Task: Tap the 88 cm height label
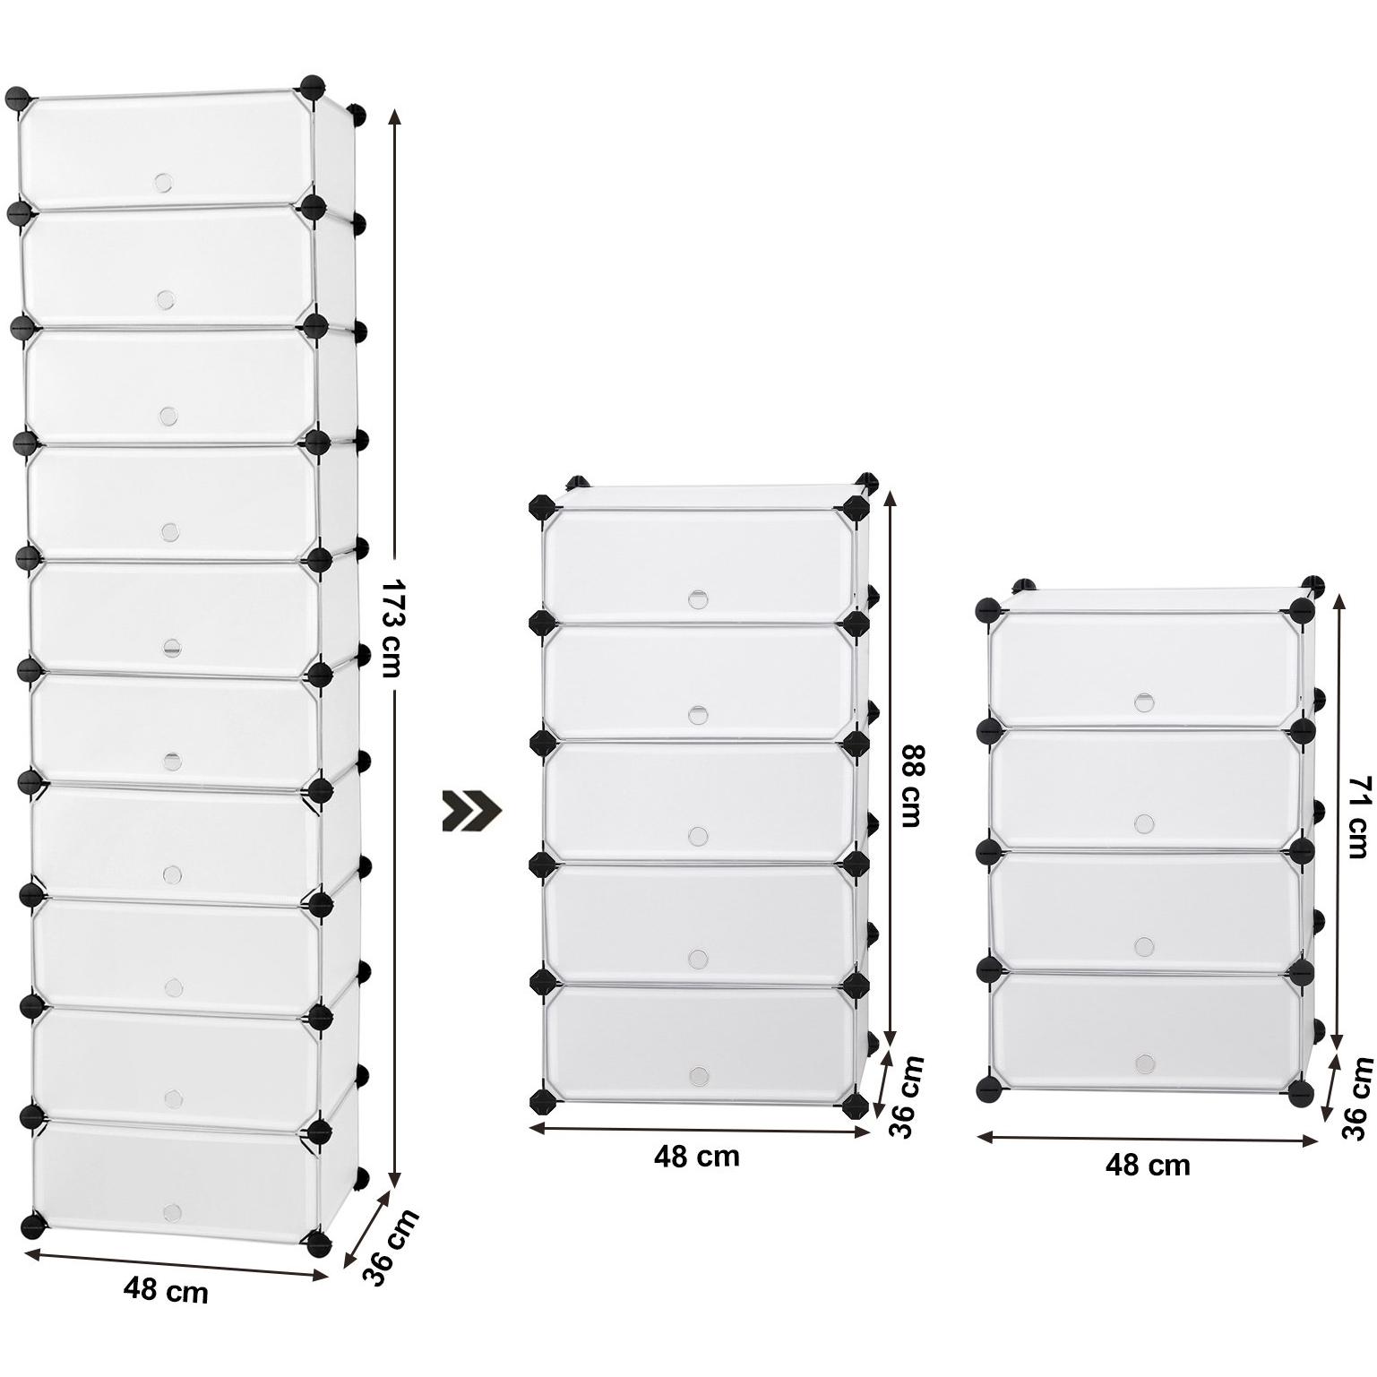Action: [x=911, y=786]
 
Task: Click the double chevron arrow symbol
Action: [x=472, y=810]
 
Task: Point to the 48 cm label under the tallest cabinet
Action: [x=166, y=1291]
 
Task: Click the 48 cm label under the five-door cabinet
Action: [x=696, y=1157]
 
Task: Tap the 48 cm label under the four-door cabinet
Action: [x=1148, y=1166]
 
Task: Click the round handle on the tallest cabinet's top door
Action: [x=163, y=183]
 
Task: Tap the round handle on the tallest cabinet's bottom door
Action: [x=172, y=1212]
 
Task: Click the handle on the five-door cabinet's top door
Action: [x=698, y=599]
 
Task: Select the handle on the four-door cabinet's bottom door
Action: [x=1145, y=1063]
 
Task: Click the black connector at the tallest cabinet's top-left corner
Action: [x=18, y=99]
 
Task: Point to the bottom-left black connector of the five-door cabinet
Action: [x=541, y=1101]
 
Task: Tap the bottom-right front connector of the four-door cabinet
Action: [x=1301, y=1092]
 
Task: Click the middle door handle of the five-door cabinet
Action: [x=698, y=836]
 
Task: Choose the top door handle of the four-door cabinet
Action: [x=1144, y=701]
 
